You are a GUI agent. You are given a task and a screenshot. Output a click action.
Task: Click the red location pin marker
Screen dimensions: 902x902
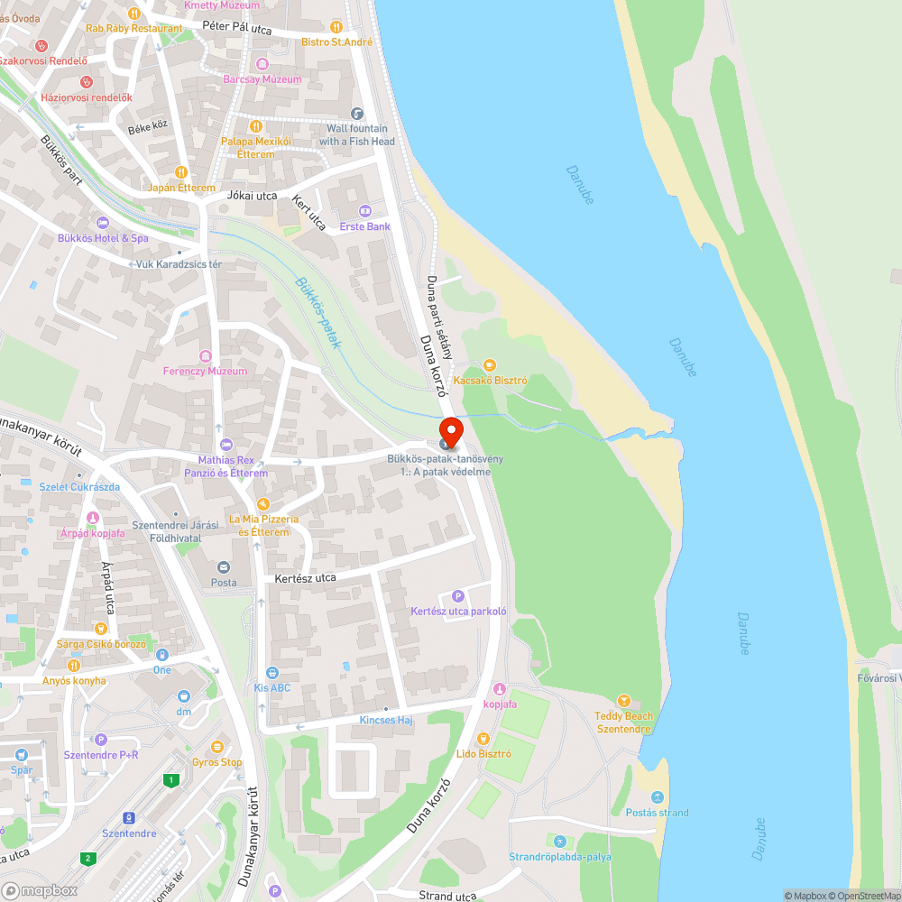(450, 430)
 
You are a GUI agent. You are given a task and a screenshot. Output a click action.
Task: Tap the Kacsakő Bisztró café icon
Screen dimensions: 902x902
(490, 365)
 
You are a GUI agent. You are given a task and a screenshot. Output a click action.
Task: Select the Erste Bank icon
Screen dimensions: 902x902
(365, 211)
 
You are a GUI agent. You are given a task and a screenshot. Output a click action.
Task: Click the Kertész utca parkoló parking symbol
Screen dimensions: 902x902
(457, 596)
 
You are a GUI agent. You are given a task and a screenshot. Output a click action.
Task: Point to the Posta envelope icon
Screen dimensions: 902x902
(223, 566)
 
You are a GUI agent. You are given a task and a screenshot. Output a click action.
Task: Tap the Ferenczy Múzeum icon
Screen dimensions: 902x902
(205, 355)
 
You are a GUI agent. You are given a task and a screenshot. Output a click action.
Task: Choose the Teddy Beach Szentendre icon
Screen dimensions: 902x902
(623, 701)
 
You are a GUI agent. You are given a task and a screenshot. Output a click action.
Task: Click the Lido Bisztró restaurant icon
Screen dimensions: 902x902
(483, 739)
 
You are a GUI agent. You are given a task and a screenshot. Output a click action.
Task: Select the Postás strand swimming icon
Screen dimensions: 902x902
(657, 797)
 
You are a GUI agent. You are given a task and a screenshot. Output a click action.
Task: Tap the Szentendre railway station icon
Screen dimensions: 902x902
(129, 818)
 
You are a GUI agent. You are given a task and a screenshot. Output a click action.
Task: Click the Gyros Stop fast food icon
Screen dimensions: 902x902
(216, 747)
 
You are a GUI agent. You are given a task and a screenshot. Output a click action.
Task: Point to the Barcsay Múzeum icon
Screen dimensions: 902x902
(262, 64)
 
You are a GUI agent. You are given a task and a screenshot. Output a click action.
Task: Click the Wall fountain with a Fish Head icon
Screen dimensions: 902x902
(357, 114)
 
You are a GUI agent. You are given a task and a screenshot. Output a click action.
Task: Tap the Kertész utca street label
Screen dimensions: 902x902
(306, 577)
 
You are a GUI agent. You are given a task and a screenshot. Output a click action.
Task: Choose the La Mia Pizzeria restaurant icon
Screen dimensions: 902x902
(262, 504)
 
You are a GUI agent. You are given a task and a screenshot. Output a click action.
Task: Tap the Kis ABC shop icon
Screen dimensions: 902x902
(272, 672)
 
